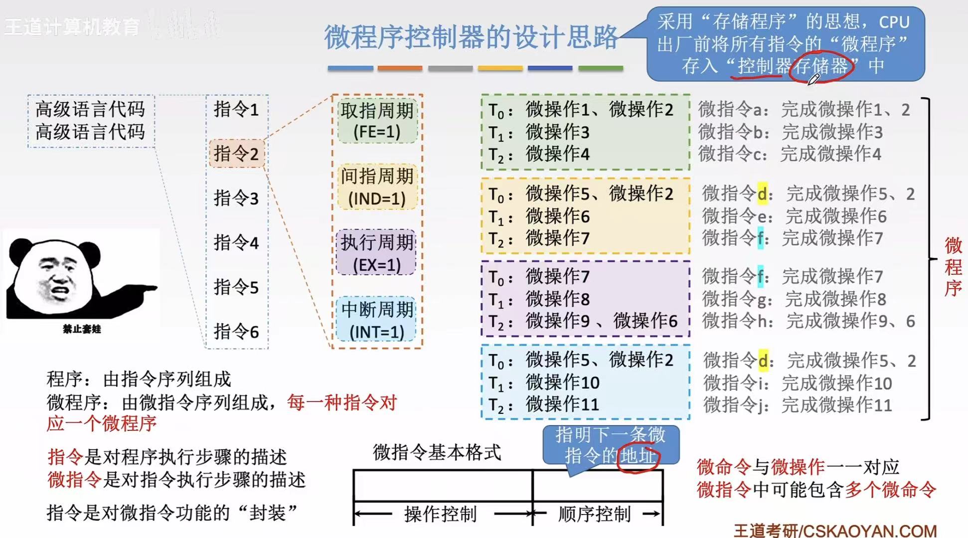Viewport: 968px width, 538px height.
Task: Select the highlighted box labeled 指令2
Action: (236, 153)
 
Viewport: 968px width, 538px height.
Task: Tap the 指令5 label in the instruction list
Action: (236, 287)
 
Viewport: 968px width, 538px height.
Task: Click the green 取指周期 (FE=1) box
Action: (377, 121)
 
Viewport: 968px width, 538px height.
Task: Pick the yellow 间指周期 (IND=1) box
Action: (377, 187)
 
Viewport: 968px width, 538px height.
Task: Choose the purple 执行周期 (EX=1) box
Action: (377, 253)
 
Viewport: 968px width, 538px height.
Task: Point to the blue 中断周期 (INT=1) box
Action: (377, 320)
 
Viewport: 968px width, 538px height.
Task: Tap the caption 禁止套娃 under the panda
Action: (82, 329)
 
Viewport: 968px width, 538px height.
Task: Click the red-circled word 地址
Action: (638, 456)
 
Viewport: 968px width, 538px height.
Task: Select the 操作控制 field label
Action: (441, 514)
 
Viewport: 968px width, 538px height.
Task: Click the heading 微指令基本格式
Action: (437, 452)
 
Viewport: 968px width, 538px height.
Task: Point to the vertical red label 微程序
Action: (953, 267)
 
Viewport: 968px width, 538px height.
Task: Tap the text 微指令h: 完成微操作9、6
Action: (808, 321)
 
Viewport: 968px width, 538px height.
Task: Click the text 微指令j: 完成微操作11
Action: (798, 405)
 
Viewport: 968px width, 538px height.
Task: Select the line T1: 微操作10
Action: (544, 382)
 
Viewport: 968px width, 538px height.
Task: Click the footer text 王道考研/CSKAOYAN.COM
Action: (835, 530)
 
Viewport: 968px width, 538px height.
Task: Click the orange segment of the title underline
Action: (400, 68)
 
